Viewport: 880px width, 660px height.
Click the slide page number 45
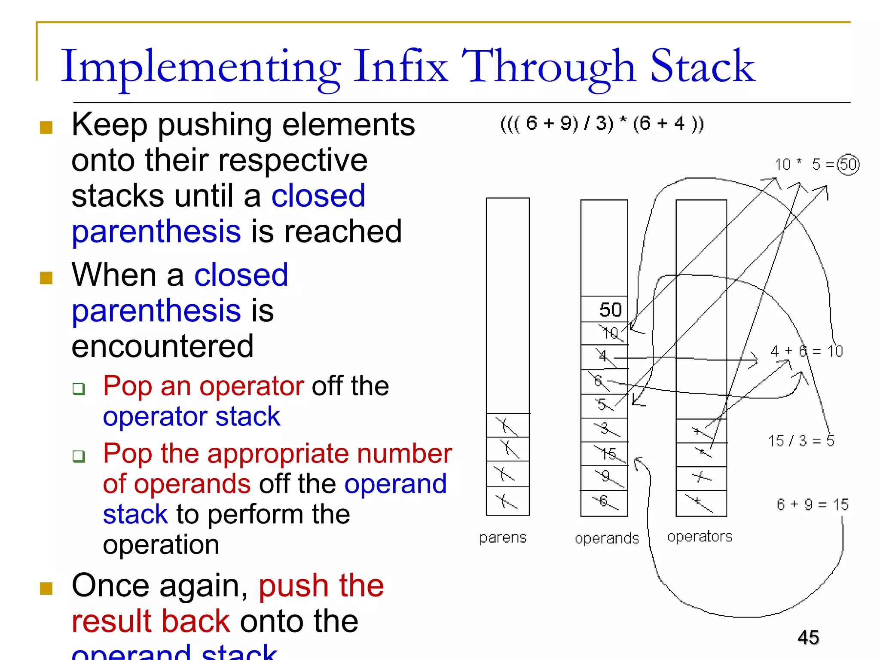click(x=808, y=637)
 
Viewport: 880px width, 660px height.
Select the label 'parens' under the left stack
click(x=503, y=538)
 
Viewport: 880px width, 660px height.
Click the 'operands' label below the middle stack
click(x=607, y=538)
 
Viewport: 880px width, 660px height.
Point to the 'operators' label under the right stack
click(x=700, y=536)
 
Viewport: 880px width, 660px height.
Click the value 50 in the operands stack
click(x=610, y=310)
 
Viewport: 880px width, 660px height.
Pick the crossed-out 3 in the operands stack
click(x=605, y=428)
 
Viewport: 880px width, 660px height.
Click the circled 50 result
click(x=848, y=165)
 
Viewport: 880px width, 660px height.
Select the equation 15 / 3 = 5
click(x=801, y=441)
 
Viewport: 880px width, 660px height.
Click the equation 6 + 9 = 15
click(x=813, y=504)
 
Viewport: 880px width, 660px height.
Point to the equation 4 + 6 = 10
click(x=807, y=351)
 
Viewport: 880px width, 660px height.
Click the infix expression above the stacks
click(x=602, y=124)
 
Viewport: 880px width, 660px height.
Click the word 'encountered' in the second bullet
click(x=162, y=346)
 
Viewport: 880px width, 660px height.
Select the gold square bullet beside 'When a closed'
click(x=46, y=278)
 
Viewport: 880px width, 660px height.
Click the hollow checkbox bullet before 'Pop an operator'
click(x=79, y=389)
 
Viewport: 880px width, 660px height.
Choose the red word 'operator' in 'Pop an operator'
click(x=251, y=386)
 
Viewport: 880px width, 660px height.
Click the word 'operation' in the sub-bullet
click(x=161, y=545)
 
